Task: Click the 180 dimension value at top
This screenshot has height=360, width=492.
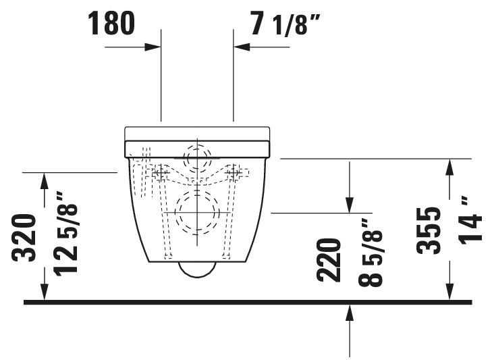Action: pos(111,23)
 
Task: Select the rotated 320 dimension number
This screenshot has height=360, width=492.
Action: pos(23,238)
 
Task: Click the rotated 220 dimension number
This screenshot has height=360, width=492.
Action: pos(329,261)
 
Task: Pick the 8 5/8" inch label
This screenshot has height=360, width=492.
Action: pos(371,253)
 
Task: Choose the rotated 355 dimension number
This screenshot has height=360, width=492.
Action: pos(429,230)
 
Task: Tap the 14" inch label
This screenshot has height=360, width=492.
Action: pos(470,220)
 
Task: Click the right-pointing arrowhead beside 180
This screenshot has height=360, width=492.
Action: pos(153,47)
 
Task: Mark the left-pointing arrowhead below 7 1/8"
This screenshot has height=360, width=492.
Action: pos(242,47)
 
